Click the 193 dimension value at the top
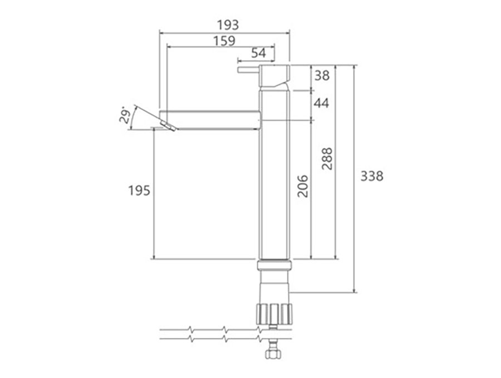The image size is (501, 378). (228, 25)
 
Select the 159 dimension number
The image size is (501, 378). (224, 41)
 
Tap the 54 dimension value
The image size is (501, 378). (258, 53)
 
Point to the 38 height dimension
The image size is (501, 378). (322, 76)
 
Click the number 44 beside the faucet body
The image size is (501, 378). (321, 103)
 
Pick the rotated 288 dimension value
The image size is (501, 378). (327, 159)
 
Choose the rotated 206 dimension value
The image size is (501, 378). (302, 186)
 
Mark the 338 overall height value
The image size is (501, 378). (372, 176)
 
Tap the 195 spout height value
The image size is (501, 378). (139, 191)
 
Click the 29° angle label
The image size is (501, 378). (125, 116)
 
